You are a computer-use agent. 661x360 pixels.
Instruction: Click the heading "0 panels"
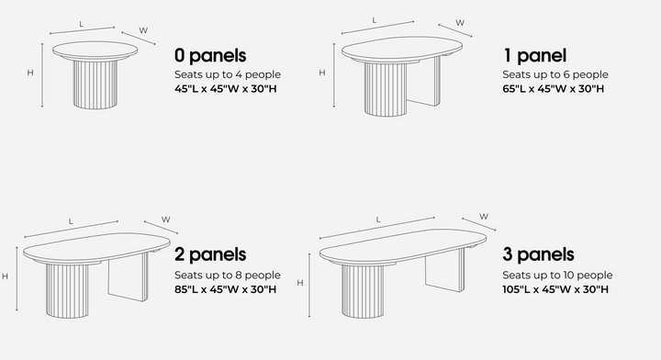210,55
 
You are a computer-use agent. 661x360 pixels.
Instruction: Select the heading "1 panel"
535,55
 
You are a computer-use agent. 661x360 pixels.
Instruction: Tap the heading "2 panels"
210,254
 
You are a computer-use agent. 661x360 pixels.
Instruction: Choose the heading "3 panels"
539,254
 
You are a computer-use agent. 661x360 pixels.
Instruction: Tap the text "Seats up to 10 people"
557,275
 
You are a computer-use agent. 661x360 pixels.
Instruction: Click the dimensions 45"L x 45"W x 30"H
226,88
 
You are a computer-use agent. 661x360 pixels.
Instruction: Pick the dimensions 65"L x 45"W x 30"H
554,88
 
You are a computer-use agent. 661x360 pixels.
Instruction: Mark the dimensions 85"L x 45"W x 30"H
226,289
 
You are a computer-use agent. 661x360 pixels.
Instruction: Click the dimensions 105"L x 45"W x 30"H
555,289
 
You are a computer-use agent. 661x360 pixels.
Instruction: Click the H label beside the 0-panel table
31,72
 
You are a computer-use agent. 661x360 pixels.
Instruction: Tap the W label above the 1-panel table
460,22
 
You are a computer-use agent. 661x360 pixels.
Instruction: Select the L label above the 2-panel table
71,221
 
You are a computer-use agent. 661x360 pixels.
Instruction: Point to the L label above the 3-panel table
378,219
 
